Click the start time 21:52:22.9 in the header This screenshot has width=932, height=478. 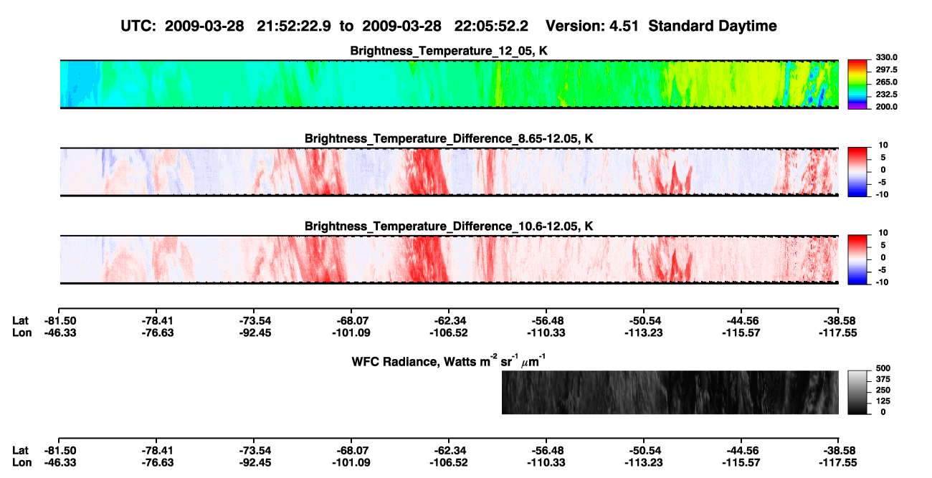(294, 27)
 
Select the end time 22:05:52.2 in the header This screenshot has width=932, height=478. (491, 27)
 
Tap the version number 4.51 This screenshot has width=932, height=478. (624, 27)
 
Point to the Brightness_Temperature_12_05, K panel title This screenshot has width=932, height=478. (449, 51)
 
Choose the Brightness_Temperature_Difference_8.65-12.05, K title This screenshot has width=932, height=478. (449, 138)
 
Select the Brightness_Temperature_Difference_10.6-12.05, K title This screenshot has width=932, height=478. (449, 226)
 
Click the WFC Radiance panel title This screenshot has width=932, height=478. (449, 361)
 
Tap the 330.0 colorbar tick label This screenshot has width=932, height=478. (886, 57)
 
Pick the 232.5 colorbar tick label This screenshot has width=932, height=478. (886, 95)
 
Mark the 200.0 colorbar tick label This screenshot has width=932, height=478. (886, 107)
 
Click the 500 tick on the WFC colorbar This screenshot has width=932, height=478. (883, 368)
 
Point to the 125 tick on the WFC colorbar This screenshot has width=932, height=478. (883, 401)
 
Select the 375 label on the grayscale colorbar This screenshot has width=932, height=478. (883, 379)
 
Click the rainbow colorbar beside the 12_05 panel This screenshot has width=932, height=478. (857, 85)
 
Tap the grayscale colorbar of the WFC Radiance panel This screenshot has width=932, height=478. (857, 392)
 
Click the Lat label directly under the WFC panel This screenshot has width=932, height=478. (20, 451)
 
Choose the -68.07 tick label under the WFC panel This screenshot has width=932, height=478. (351, 451)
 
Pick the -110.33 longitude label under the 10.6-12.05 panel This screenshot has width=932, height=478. (546, 333)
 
